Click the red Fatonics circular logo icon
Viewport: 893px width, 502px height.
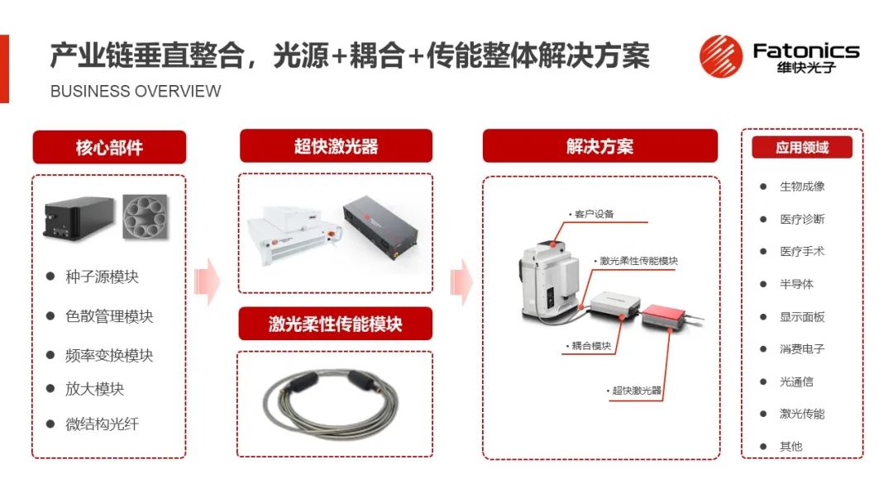721,56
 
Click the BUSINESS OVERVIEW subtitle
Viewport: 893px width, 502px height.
136,91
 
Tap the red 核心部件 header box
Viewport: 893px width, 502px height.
109,147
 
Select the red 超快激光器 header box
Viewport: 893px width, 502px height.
336,146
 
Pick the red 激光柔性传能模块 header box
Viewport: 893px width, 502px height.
336,324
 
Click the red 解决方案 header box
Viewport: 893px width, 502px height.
599,146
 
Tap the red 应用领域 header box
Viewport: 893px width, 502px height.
802,147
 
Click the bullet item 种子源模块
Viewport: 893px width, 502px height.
102,277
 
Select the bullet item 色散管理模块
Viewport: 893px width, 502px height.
109,316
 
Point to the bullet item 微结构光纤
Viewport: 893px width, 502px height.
102,424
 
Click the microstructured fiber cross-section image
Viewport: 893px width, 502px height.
146,216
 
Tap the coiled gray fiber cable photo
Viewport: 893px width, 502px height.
330,403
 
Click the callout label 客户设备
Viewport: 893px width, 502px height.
594,214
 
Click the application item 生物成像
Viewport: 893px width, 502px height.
802,186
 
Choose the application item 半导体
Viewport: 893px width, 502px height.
796,284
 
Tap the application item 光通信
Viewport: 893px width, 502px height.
796,381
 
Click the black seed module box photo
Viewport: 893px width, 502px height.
79,218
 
